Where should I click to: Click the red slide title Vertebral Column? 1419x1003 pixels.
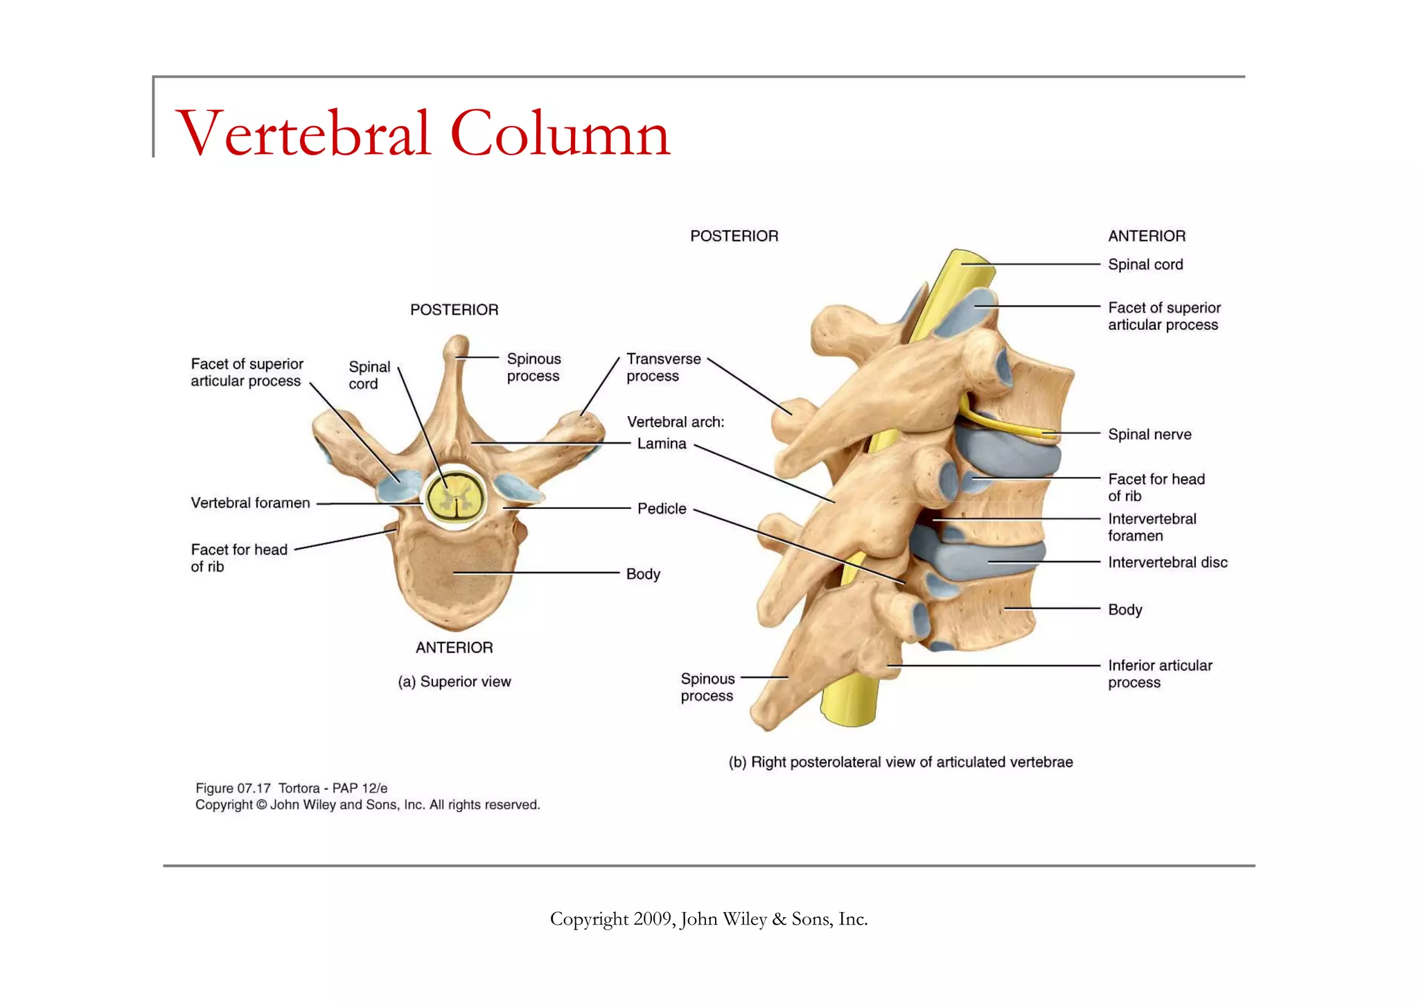pos(423,133)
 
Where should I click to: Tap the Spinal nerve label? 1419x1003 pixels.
pos(1149,435)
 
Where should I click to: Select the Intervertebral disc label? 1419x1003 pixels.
pos(1167,562)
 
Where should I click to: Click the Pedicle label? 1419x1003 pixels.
pos(662,509)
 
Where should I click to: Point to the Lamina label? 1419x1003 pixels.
pos(662,444)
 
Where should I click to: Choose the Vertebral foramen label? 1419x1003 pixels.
pos(250,503)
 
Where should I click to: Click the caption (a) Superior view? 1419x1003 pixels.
pos(455,682)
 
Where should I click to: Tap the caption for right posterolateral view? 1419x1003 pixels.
pos(900,762)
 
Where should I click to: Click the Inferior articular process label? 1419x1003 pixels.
pos(1160,674)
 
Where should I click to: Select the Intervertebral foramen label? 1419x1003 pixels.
pos(1152,527)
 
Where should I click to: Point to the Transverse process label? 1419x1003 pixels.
pos(663,367)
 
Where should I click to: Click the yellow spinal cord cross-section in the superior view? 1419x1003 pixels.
pos(455,497)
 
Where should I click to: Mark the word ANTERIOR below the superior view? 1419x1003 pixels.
pos(455,647)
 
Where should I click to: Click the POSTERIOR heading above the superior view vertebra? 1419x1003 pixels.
pos(455,310)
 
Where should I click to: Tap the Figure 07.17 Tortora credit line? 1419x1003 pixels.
pos(291,788)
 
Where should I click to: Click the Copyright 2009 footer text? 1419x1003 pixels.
pos(708,919)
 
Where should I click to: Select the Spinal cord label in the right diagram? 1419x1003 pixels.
pos(1145,265)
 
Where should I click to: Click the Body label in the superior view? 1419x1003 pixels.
pos(643,574)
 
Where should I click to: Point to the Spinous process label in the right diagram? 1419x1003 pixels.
pos(707,688)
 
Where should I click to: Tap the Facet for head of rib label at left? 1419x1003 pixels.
pos(238,558)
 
